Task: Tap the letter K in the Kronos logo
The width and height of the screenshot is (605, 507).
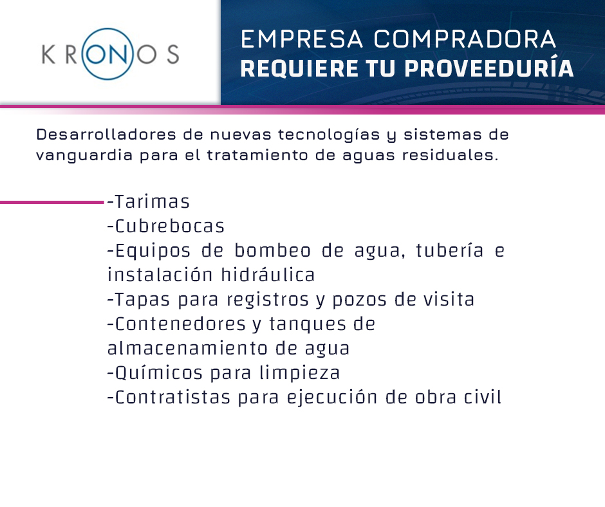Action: click(x=48, y=54)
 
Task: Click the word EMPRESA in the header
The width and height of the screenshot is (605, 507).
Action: click(x=302, y=39)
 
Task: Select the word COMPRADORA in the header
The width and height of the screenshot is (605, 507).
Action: click(x=465, y=39)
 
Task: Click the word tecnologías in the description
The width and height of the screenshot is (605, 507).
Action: click(x=329, y=135)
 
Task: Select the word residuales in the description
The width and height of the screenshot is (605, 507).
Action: click(x=450, y=155)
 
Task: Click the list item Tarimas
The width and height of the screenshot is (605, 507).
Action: click(x=149, y=201)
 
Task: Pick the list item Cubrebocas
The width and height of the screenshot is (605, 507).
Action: click(x=165, y=226)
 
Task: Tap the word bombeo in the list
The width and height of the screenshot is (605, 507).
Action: click(x=272, y=250)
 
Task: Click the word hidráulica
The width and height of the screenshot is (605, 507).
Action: click(x=268, y=275)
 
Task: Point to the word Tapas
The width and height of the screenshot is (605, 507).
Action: click(x=139, y=300)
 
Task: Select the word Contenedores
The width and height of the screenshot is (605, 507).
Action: click(x=177, y=324)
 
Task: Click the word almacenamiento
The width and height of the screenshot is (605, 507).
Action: click(x=187, y=348)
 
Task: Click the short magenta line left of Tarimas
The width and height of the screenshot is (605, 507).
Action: click(x=52, y=202)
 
